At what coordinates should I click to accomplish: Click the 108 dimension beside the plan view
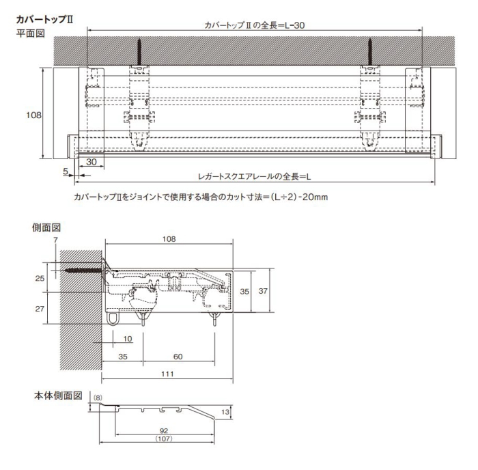33,115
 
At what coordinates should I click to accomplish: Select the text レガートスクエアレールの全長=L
254,176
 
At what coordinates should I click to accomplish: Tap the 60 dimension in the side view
178,357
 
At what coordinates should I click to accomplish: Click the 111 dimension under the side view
168,374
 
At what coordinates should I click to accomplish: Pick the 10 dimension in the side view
128,339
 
